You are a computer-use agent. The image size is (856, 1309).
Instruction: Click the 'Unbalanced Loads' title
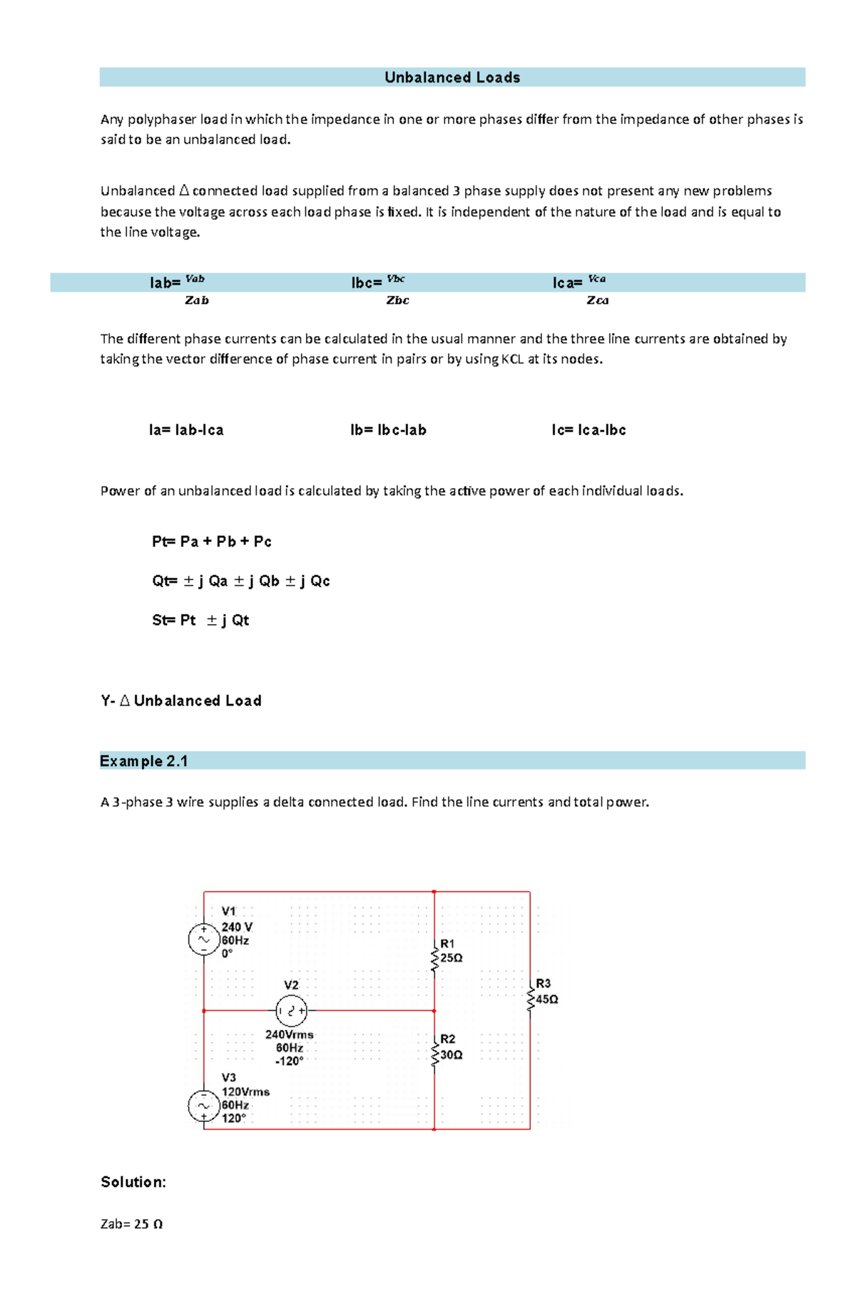tap(452, 77)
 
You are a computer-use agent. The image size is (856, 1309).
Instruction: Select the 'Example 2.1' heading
tap(143, 761)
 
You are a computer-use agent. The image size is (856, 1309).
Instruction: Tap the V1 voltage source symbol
tap(203, 939)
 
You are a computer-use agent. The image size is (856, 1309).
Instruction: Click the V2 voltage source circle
tap(291, 1011)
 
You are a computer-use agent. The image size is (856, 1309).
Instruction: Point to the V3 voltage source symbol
tap(203, 1106)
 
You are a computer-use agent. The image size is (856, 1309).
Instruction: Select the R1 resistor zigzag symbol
tap(434, 958)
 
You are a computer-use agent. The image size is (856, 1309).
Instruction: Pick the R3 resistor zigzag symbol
tap(530, 999)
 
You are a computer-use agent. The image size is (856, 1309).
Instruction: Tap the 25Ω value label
tap(452, 958)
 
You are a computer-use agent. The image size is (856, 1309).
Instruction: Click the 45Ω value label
tap(547, 999)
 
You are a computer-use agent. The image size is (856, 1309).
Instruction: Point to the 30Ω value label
tap(452, 1054)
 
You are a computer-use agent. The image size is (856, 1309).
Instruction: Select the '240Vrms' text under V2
tap(289, 1034)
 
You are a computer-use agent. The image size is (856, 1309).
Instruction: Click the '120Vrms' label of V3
tap(245, 1091)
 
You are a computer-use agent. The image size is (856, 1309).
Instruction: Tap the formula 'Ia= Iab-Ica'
tap(186, 430)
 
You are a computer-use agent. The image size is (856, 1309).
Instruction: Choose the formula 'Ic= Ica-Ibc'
tap(588, 430)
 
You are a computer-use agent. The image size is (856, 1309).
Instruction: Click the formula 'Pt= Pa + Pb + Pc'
tap(211, 541)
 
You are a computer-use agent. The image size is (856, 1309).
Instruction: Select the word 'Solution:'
tap(133, 1182)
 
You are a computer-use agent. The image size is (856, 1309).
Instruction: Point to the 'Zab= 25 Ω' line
tap(131, 1224)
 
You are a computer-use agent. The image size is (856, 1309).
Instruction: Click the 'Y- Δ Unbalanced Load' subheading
tap(181, 701)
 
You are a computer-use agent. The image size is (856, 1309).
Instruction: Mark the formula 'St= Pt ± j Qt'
tap(200, 620)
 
